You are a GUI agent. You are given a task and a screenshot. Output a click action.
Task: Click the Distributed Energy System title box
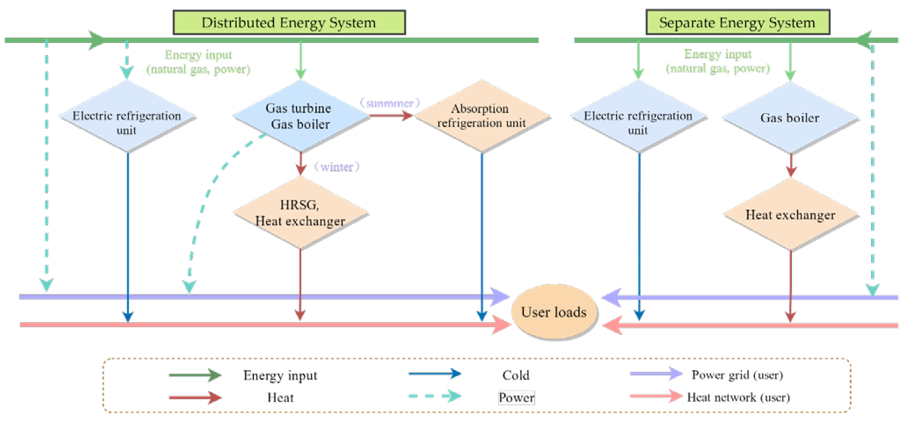tap(289, 23)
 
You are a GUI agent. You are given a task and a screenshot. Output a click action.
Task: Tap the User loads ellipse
tap(554, 312)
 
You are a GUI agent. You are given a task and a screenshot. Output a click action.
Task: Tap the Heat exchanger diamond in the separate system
tap(790, 215)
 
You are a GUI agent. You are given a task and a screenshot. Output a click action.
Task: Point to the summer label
tap(390, 103)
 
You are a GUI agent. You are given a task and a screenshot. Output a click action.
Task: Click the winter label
tap(337, 167)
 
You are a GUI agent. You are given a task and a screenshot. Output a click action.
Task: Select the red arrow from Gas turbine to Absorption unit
tap(390, 116)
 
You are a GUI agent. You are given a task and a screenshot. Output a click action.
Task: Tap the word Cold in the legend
tap(516, 376)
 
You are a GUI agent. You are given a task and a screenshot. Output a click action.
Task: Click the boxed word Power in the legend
tap(516, 398)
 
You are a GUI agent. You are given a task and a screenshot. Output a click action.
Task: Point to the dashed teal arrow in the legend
tap(435, 396)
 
